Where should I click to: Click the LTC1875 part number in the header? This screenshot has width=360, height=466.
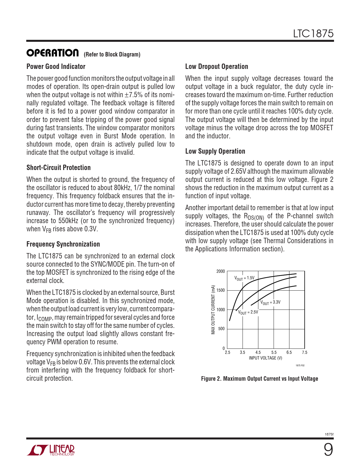[313, 34]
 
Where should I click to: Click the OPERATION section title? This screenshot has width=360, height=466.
[53, 53]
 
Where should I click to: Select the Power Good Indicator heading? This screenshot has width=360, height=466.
[56, 66]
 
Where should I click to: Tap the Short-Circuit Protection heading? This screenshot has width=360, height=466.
[58, 167]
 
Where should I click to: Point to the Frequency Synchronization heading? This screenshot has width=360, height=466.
[63, 244]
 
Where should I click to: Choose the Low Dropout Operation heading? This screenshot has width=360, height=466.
[217, 66]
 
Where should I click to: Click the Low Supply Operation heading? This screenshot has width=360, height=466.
[215, 151]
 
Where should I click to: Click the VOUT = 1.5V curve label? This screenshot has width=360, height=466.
[244, 278]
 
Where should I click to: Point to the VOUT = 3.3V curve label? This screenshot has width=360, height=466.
[270, 302]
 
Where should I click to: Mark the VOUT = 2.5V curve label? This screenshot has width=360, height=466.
[248, 312]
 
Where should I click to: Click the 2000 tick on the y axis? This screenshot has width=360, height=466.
[221, 271]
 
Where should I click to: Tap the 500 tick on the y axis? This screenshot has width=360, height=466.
[221, 329]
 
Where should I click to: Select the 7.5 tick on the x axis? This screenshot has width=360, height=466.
[304, 352]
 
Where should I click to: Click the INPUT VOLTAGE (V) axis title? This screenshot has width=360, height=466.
[265, 358]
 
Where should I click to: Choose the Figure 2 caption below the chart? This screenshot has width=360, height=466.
[259, 379]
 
